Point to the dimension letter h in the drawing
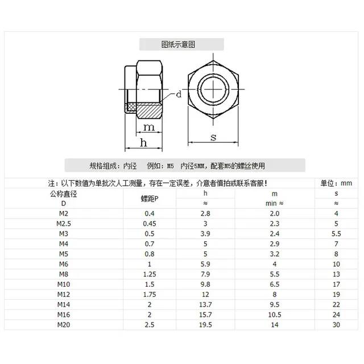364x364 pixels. click(144, 143)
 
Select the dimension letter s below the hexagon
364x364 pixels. click(213, 137)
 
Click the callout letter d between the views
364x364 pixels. click(178, 95)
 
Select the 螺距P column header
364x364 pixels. click(150, 198)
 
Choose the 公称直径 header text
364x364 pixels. click(64, 193)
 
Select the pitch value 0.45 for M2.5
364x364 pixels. click(150, 223)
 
